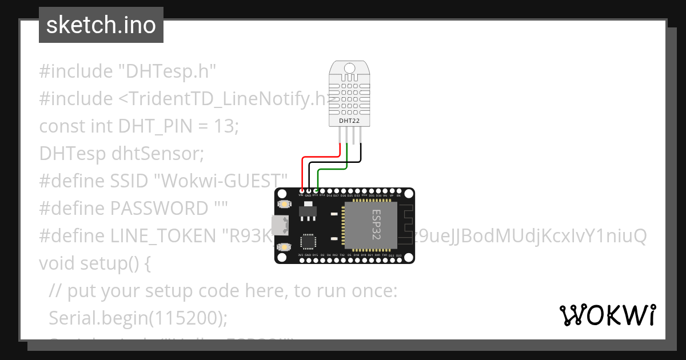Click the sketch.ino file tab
[x=101, y=25]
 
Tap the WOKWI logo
[x=607, y=315]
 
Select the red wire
[x=320, y=157]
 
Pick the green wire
[x=332, y=170]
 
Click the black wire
[x=334, y=163]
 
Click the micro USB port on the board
[x=280, y=226]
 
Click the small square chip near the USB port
[x=309, y=241]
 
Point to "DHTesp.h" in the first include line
[x=167, y=71]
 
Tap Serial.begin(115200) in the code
[x=134, y=318]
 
